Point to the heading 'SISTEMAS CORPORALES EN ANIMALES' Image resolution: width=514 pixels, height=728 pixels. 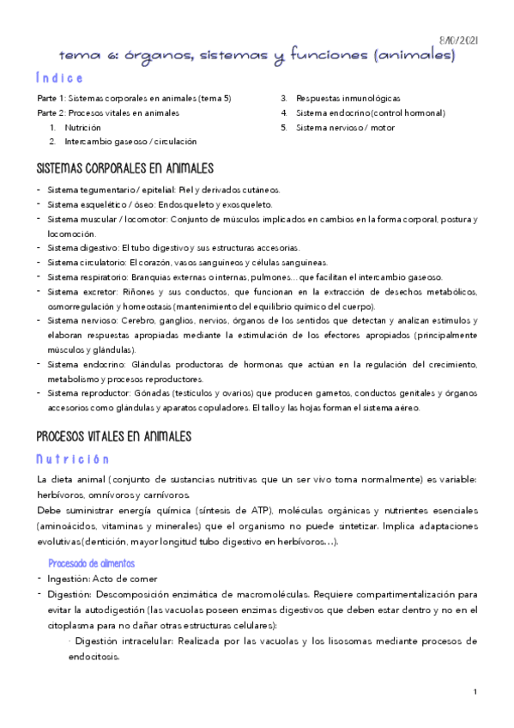[x=125, y=167]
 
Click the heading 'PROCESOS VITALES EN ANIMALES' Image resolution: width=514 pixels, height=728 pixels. [x=114, y=436]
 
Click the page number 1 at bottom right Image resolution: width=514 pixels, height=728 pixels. [x=475, y=692]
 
